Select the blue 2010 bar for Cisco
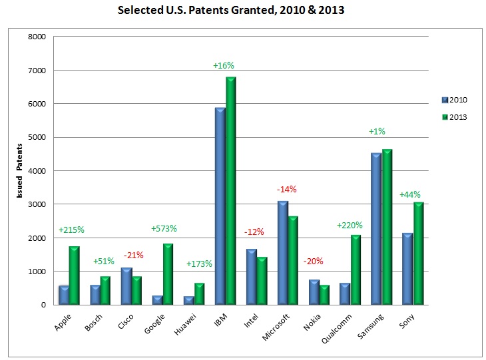pyautogui.click(x=126, y=286)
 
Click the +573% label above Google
pyautogui.click(x=163, y=229)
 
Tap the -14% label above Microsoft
pyautogui.click(x=286, y=189)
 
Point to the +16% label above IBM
pyautogui.click(x=224, y=65)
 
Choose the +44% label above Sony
pyautogui.click(x=410, y=194)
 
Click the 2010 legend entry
pyautogui.click(x=454, y=100)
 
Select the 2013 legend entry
pyautogui.click(x=454, y=117)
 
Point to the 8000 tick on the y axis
pyautogui.click(x=36, y=37)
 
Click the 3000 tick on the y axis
pyautogui.click(x=36, y=204)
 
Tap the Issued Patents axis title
pyautogui.click(x=19, y=171)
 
